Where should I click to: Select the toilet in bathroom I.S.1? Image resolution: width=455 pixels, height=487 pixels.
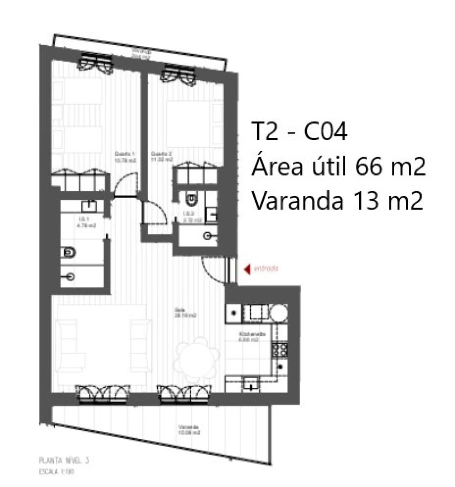(x=69, y=253)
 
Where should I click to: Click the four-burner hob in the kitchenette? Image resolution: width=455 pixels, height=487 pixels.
(x=280, y=350)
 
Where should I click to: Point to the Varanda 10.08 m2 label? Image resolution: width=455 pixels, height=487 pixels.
(x=189, y=430)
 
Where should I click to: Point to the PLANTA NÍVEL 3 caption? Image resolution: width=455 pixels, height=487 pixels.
(x=64, y=461)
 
